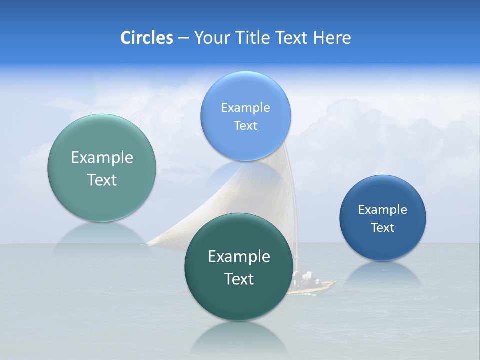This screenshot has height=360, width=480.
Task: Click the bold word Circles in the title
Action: pyautogui.click(x=146, y=38)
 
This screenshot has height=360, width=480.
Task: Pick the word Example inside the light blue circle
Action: pyautogui.click(x=245, y=107)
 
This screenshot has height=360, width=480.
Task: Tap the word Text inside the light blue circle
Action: pyautogui.click(x=245, y=125)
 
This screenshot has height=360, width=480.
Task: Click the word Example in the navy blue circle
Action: pyautogui.click(x=383, y=209)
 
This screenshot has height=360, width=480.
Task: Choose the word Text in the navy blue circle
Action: pyautogui.click(x=383, y=227)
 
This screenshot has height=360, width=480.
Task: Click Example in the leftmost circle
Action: pyautogui.click(x=102, y=157)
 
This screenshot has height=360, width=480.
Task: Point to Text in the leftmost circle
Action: pyautogui.click(x=102, y=180)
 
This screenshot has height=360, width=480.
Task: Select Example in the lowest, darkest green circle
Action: pyautogui.click(x=239, y=256)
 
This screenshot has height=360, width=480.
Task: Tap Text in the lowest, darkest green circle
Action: pyautogui.click(x=239, y=279)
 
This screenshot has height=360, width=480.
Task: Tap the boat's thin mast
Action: pyautogui.click(x=296, y=235)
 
